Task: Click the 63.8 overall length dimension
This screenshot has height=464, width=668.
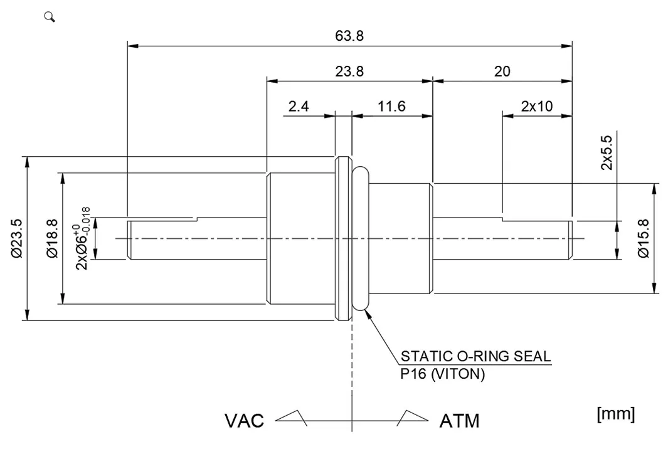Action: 349,36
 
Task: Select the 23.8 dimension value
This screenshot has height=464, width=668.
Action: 349,71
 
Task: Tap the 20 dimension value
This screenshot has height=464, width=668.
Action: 502,71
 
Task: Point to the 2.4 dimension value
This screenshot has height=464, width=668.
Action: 299,107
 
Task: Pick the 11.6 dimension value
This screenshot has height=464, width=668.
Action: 391,107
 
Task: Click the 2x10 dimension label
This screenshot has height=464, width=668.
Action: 537,107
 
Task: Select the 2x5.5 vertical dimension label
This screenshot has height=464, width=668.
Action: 607,154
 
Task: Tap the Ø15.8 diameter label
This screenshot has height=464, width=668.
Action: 643,238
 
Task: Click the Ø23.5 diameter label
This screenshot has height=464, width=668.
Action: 17,238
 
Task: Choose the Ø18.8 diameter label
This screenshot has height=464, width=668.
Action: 53,238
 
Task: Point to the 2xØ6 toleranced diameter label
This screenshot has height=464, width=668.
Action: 83,238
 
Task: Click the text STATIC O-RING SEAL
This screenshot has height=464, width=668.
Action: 475,357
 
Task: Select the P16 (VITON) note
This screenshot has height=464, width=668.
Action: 443,374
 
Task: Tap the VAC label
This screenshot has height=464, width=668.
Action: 245,421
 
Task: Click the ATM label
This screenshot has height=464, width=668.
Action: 459,421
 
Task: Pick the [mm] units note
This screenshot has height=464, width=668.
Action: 616,414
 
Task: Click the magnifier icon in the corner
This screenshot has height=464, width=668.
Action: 50,17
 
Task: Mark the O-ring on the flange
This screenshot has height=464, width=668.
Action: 362,238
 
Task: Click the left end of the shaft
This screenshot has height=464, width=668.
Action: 130,238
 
